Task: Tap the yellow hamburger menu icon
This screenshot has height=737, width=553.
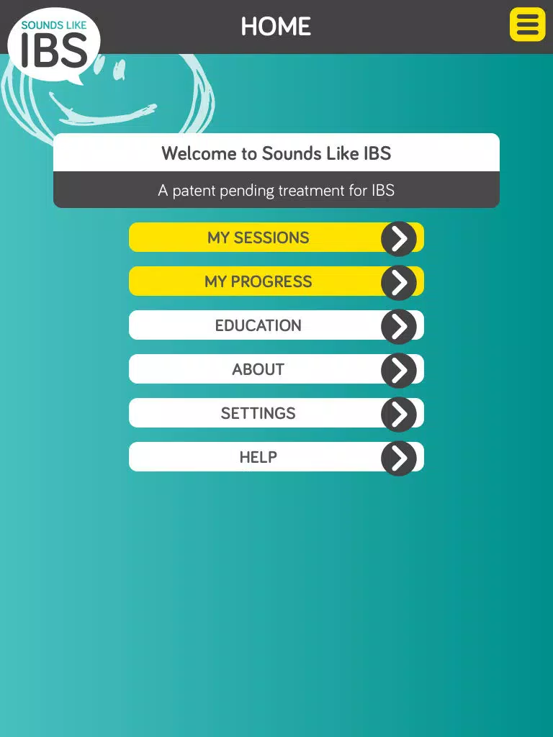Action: pos(527,24)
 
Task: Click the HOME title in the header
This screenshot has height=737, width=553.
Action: pos(276,27)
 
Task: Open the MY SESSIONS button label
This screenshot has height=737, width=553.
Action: pos(258,238)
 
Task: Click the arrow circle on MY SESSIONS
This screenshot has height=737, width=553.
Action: pos(399,239)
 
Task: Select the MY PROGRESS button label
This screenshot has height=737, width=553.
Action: pos(258,281)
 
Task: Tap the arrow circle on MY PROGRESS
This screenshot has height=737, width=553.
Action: pos(399,282)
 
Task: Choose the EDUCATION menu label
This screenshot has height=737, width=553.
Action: pos(258,325)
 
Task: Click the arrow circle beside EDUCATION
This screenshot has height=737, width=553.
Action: pos(399,327)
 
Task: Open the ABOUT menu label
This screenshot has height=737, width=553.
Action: pos(258,369)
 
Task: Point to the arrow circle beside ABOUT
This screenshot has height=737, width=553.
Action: pos(399,371)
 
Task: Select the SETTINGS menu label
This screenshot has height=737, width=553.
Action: pos(258,413)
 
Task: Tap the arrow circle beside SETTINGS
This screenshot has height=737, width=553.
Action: pos(399,415)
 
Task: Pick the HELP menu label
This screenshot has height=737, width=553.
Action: pos(258,457)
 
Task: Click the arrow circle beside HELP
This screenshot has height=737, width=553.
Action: pos(399,458)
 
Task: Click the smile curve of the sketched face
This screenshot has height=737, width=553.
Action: pos(101,113)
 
